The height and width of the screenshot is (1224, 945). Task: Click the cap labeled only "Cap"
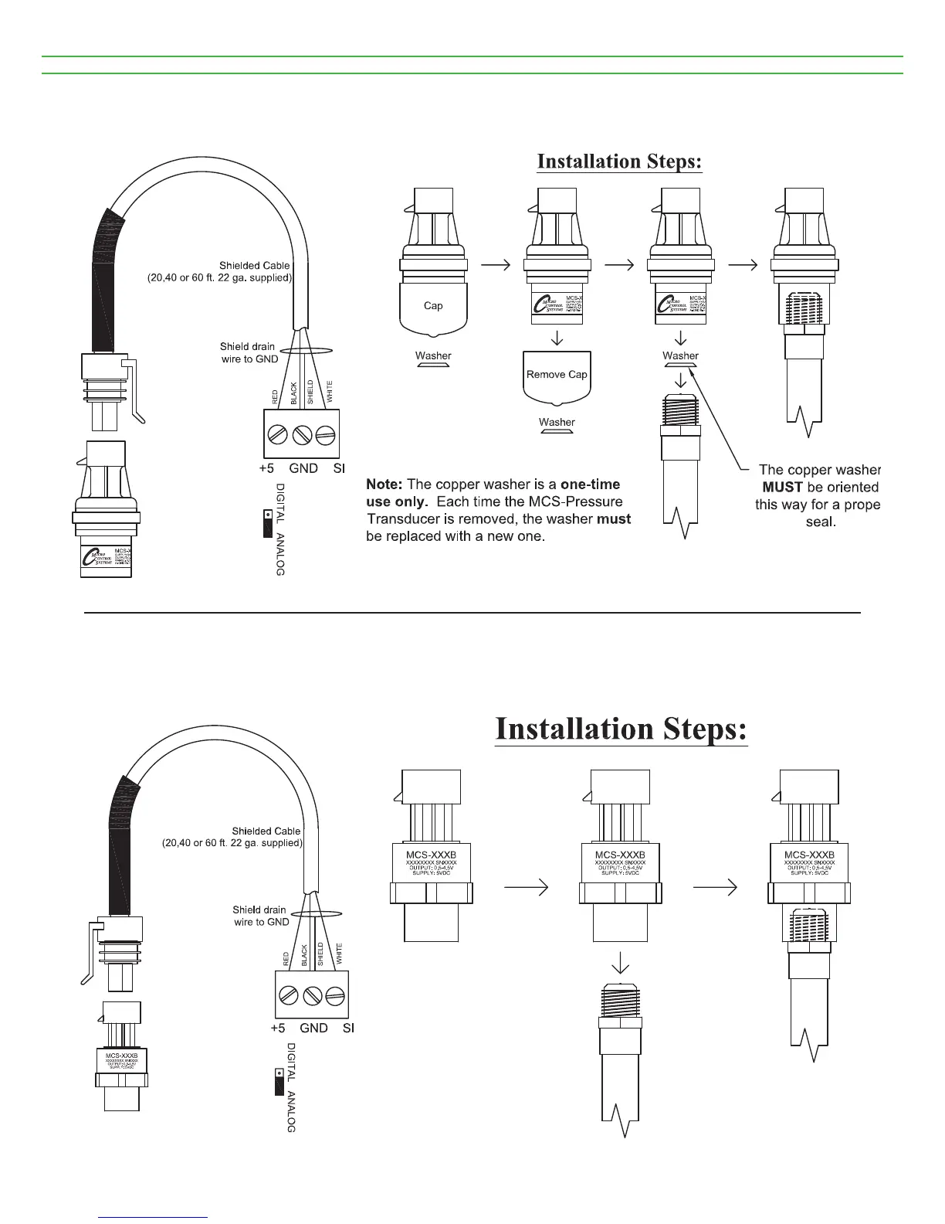click(433, 306)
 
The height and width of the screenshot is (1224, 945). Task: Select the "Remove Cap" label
click(557, 375)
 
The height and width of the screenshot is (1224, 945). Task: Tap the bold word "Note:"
click(384, 484)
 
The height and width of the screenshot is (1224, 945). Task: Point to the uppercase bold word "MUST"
click(782, 488)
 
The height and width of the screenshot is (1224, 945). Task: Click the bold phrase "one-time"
click(590, 484)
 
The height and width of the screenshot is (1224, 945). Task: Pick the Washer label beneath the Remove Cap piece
click(557, 423)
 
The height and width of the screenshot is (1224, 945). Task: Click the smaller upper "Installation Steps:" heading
click(619, 161)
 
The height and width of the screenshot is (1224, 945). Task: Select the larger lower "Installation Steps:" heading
click(622, 729)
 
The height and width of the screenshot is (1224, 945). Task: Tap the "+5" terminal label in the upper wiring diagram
click(266, 468)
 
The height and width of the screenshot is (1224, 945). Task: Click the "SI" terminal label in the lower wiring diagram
click(348, 1028)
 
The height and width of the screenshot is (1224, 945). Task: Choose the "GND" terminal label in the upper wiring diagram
click(303, 468)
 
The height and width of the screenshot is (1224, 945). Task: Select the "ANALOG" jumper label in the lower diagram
click(291, 1113)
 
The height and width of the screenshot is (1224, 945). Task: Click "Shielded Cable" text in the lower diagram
click(266, 831)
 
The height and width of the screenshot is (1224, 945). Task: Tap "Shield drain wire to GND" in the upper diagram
click(249, 353)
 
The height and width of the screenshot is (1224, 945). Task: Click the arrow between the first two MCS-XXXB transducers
click(526, 889)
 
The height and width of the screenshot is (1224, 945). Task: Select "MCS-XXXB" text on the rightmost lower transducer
click(809, 855)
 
